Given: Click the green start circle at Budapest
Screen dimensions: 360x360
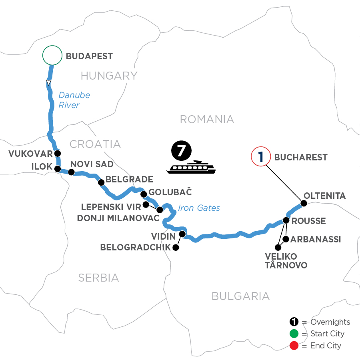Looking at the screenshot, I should click(52, 56).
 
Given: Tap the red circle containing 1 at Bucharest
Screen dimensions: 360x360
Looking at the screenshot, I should click(260, 157).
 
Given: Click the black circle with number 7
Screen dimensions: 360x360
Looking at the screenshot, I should click(181, 151).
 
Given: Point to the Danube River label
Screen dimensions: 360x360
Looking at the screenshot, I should click(74, 100).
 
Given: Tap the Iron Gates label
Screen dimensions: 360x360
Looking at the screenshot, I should click(199, 208).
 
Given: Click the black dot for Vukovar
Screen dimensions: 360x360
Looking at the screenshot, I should click(58, 153).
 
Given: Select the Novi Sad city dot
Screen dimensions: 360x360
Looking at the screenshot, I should click(71, 172).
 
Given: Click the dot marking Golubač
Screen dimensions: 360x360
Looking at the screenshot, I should click(144, 194).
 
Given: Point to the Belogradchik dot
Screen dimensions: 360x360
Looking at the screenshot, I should click(175, 248).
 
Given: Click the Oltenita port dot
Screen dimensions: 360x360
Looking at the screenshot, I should click(304, 203).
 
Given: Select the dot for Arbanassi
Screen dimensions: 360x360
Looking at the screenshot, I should click(286, 239).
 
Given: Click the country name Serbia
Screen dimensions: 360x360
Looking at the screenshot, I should click(98, 278).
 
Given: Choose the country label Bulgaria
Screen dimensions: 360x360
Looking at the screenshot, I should click(240, 296).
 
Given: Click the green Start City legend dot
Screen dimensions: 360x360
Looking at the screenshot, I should click(294, 334).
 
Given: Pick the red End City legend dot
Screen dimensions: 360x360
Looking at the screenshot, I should click(294, 345).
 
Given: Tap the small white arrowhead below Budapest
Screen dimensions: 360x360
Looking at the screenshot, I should click(48, 83).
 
